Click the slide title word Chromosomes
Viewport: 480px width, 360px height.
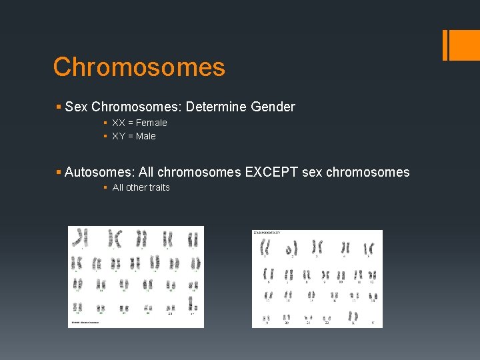(x=139, y=67)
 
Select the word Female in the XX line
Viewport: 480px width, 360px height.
(x=151, y=123)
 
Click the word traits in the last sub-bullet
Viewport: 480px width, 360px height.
(x=159, y=187)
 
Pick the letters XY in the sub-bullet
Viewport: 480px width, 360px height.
(x=119, y=136)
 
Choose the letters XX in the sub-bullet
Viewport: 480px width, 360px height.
(x=119, y=123)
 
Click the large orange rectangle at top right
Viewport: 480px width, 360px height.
(x=458, y=45)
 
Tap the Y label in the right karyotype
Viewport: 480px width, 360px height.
(x=373, y=324)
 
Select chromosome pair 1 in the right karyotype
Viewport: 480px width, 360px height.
(x=265, y=248)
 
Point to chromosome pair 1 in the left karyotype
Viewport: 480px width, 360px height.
(x=81, y=237)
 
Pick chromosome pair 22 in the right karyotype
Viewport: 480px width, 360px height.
(x=326, y=317)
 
